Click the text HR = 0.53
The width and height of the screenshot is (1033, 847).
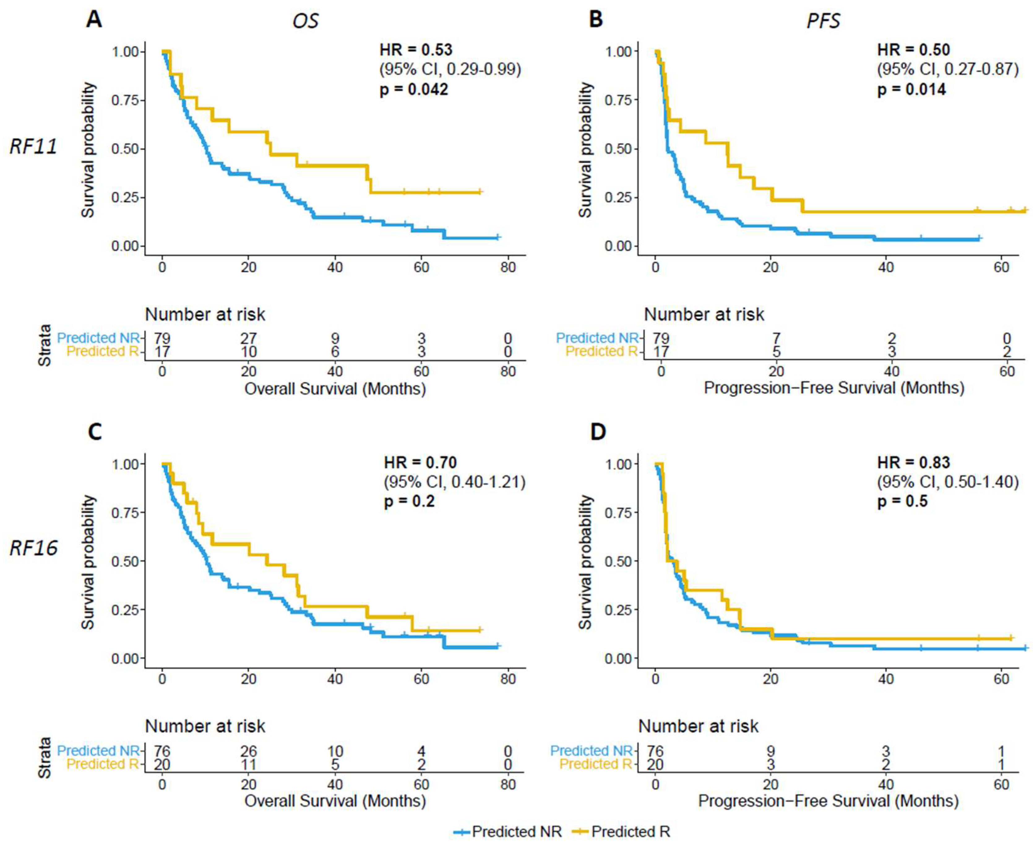pos(416,50)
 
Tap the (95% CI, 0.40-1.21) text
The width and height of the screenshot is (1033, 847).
pos(454,482)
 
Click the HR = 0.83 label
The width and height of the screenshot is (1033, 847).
pos(913,462)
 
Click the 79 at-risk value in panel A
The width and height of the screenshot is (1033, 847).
pos(162,338)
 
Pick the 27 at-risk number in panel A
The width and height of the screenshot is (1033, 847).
pos(248,338)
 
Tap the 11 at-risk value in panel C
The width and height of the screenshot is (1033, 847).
pos(248,764)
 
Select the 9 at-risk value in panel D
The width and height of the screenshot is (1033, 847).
pos(771,751)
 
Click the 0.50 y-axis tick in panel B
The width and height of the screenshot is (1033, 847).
pos(618,149)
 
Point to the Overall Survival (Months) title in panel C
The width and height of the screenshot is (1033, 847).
pos(335,801)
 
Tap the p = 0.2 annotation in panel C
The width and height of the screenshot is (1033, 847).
pos(409,501)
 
